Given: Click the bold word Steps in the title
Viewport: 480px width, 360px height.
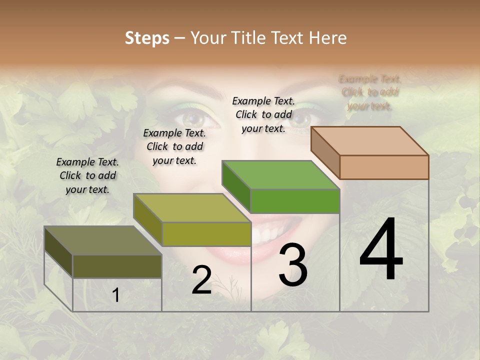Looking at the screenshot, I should [146, 38].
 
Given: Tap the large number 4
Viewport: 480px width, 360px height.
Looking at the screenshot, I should [381, 250].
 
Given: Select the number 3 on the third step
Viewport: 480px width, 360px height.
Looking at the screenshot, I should [292, 265].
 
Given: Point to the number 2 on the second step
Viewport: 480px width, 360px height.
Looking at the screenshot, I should [201, 280].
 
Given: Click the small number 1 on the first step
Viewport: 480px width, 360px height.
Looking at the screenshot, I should [116, 295].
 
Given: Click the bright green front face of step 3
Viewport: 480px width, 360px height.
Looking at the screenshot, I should [295, 201].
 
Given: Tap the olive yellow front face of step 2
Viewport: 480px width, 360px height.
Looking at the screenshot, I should [206, 234].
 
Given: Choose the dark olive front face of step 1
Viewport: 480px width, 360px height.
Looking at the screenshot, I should [117, 266].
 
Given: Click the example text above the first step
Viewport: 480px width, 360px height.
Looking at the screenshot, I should [87, 175].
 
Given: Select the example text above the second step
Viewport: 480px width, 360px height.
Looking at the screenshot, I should [174, 146].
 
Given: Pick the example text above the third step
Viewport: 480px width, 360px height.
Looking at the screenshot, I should [263, 114].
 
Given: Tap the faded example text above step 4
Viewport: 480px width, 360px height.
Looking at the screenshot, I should [369, 92].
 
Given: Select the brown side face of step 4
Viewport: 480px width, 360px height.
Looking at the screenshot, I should [325, 152].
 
